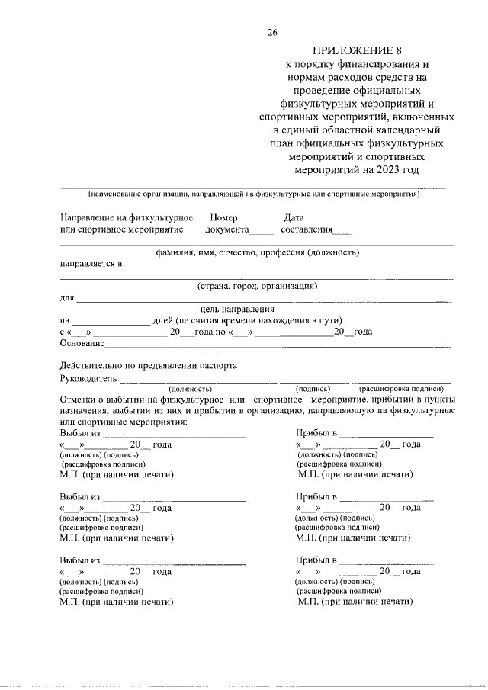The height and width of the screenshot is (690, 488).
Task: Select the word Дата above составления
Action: pos(294,217)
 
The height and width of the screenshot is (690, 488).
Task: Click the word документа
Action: pos(227,229)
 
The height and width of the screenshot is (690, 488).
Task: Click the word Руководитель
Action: pos(88,378)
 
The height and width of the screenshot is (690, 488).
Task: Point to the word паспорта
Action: pos(220,365)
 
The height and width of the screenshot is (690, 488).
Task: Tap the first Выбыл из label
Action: pos(80,433)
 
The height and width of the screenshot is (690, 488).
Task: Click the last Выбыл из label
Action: pos(80,560)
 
